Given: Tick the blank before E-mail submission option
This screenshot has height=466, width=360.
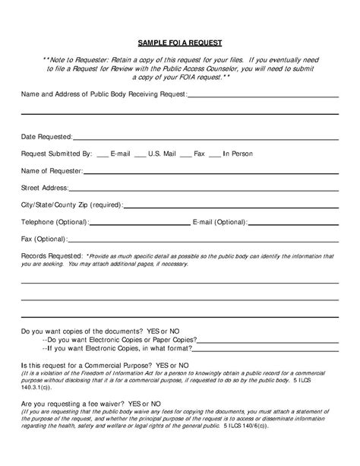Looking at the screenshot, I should (103, 154).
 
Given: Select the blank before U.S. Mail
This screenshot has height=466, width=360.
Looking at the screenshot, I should (140, 154).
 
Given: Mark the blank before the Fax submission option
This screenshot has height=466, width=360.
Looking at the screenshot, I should (185, 154).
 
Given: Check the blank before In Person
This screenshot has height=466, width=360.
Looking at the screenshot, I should (215, 154).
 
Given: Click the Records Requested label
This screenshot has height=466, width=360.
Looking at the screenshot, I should (52, 256).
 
